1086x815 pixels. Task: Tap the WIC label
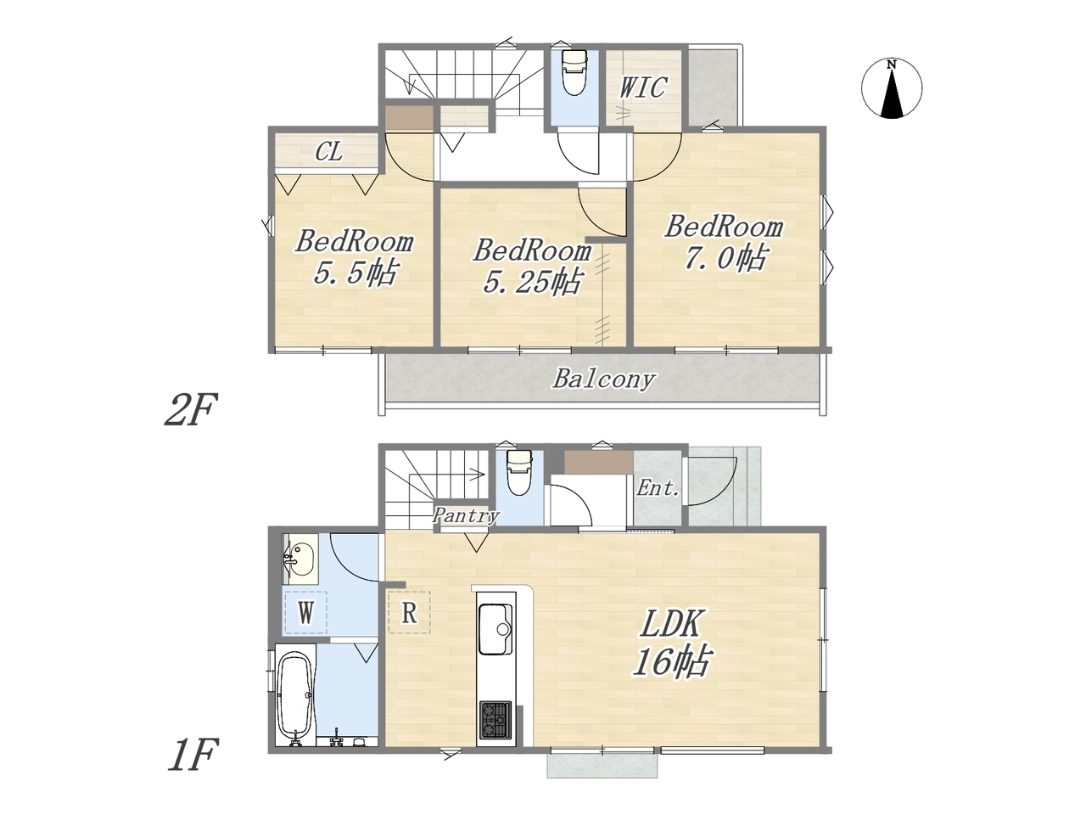(x=644, y=87)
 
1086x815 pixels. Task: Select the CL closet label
(x=329, y=151)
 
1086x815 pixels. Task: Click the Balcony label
(x=604, y=379)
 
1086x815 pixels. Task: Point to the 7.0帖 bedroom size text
(x=725, y=258)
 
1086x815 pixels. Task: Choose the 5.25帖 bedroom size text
(x=532, y=282)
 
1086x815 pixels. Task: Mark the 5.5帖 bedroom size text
(x=355, y=273)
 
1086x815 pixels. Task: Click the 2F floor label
(x=191, y=409)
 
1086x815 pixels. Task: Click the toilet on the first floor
(x=518, y=471)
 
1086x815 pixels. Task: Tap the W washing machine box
(x=305, y=613)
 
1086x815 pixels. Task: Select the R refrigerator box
(x=409, y=613)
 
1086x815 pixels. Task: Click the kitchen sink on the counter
(x=495, y=629)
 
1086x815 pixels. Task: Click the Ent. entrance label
(x=658, y=489)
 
